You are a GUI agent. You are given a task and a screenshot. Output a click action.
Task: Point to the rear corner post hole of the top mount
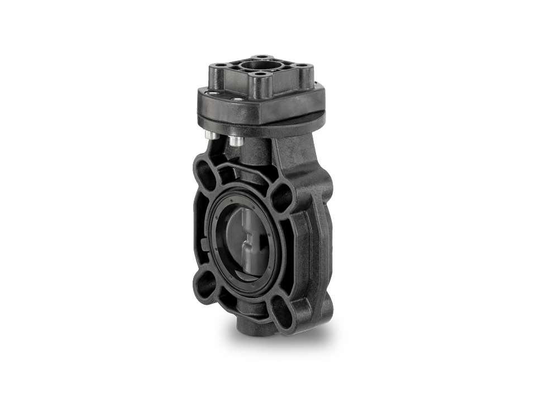(261, 57)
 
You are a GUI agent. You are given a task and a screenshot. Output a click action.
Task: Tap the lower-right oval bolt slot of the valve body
(282, 313)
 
